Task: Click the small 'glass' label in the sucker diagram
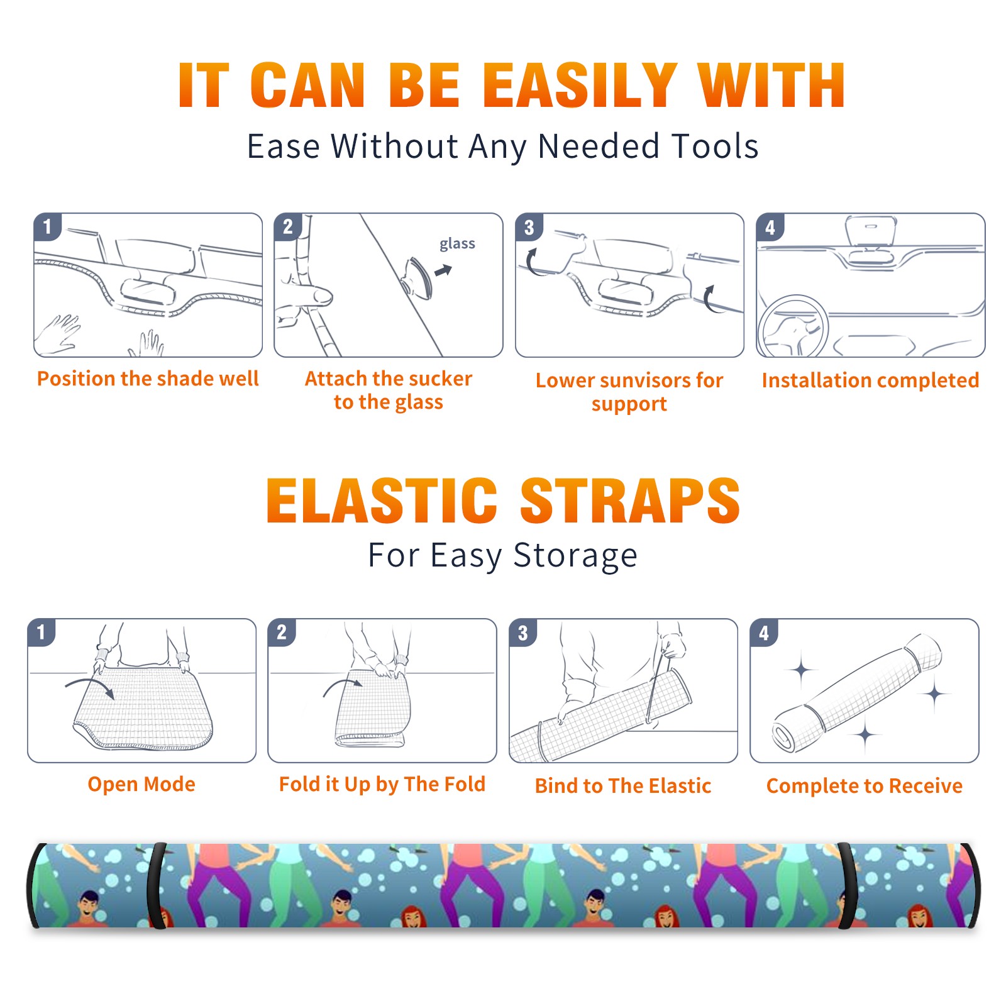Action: coord(457,244)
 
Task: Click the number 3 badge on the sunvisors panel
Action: coord(529,227)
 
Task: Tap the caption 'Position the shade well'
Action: coord(148,379)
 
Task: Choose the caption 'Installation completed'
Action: coord(870,380)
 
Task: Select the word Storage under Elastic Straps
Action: coord(575,556)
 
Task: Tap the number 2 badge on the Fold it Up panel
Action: coord(282,632)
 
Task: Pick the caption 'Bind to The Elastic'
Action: coord(623,786)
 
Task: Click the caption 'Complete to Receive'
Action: coord(865,786)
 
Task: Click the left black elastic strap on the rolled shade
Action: coord(157,885)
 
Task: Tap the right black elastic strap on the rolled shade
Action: coord(848,885)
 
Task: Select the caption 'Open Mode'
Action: coord(141,785)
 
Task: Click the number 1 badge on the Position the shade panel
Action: coord(47,226)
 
